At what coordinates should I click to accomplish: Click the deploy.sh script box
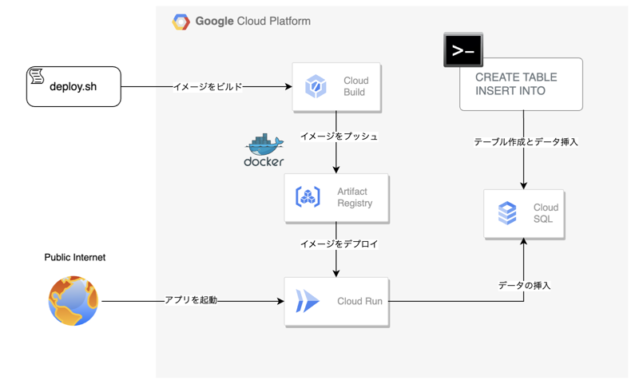pyautogui.click(x=73, y=86)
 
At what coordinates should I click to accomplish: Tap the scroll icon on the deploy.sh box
pyautogui.click(x=36, y=77)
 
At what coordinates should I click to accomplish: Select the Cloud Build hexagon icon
pyautogui.click(x=316, y=86)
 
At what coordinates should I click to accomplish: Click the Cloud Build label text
pyautogui.click(x=355, y=86)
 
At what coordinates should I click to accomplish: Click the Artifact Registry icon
pyautogui.click(x=308, y=197)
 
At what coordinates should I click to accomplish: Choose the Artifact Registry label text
pyautogui.click(x=355, y=197)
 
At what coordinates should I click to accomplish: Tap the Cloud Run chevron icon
pyautogui.click(x=308, y=301)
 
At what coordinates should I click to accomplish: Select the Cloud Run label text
pyautogui.click(x=359, y=301)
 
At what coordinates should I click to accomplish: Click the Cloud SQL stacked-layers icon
pyautogui.click(x=507, y=213)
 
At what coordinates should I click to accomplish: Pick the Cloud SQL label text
pyautogui.click(x=546, y=213)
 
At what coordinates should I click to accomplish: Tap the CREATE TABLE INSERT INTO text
pyautogui.click(x=516, y=85)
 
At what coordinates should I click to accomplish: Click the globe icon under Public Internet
pyautogui.click(x=73, y=301)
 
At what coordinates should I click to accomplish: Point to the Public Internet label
pyautogui.click(x=74, y=258)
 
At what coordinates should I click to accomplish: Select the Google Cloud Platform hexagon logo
pyautogui.click(x=181, y=22)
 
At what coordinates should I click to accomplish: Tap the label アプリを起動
pyautogui.click(x=191, y=301)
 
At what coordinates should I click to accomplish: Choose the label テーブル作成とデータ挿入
pyautogui.click(x=525, y=141)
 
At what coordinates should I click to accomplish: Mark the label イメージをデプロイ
pyautogui.click(x=339, y=243)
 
